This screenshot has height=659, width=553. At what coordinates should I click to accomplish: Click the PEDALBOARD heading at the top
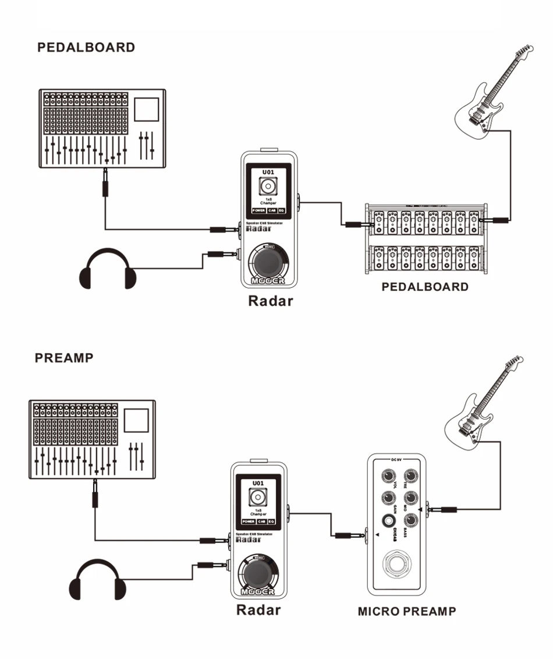[x=86, y=48]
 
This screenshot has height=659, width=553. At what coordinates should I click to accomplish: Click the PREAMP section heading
[x=64, y=358]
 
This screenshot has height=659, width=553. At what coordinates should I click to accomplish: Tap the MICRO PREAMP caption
[x=407, y=611]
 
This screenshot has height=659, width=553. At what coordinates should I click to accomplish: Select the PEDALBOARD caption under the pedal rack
[x=425, y=287]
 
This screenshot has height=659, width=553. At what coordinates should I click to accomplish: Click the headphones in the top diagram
[x=108, y=270]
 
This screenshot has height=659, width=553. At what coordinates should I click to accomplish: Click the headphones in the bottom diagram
[x=98, y=580]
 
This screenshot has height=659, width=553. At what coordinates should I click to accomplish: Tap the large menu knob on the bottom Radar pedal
[x=258, y=573]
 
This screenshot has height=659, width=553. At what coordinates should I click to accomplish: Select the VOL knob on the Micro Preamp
[x=387, y=477]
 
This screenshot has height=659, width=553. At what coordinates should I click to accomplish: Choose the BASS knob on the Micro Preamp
[x=411, y=520]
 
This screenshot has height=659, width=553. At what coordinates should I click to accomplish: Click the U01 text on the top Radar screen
[x=268, y=172]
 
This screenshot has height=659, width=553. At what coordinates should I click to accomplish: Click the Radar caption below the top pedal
[x=271, y=301]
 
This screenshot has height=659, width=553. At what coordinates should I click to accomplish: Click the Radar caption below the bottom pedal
[x=258, y=610]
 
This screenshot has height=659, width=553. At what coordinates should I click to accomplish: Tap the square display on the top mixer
[x=147, y=109]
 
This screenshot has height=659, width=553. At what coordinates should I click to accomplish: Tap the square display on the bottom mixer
[x=137, y=420]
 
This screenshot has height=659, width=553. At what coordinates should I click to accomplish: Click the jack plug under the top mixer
[x=105, y=184]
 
